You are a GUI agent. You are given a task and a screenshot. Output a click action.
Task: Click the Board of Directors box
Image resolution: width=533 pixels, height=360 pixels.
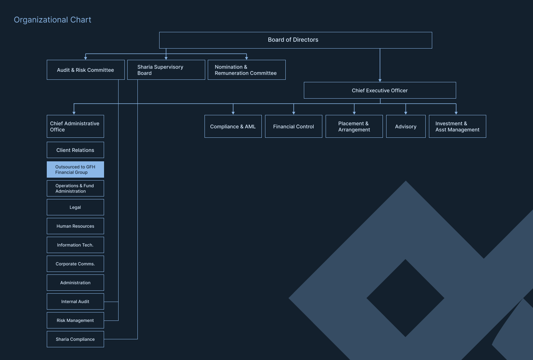click(296, 40)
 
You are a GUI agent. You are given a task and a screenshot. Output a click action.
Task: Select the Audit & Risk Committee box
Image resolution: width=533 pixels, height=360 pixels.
click(86, 70)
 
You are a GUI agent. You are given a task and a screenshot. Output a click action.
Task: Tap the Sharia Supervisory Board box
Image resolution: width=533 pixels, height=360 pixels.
click(166, 70)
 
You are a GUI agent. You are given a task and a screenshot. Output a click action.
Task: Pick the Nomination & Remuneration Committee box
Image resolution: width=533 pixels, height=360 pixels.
click(247, 70)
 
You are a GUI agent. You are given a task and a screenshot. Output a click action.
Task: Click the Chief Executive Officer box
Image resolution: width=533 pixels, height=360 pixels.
click(380, 90)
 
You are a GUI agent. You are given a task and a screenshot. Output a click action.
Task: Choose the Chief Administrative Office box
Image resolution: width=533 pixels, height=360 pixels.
click(75, 127)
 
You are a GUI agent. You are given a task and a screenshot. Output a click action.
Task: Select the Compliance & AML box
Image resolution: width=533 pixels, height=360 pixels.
click(233, 127)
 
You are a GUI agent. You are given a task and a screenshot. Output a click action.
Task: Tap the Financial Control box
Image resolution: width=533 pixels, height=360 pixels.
click(294, 127)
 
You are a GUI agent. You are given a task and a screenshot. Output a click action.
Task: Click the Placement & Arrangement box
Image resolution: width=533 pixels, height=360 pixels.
click(354, 127)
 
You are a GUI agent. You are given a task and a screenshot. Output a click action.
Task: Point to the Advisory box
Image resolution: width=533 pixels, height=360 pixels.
click(406, 127)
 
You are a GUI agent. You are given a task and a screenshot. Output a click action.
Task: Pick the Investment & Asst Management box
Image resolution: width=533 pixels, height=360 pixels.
click(458, 127)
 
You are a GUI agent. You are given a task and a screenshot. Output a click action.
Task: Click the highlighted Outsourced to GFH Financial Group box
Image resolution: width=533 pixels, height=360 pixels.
click(75, 169)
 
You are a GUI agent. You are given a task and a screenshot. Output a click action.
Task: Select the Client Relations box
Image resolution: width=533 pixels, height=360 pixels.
click(75, 150)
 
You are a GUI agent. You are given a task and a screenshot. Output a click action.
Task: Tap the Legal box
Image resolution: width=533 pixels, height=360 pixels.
click(75, 207)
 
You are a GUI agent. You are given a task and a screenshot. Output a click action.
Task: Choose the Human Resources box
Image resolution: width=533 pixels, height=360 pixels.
click(75, 226)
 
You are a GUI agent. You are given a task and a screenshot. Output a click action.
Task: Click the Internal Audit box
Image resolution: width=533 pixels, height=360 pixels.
click(75, 302)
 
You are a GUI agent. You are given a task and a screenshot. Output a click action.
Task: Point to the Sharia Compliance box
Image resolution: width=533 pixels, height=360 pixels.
click(75, 339)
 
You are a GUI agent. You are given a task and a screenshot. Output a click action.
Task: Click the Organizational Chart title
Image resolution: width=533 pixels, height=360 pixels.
click(52, 20)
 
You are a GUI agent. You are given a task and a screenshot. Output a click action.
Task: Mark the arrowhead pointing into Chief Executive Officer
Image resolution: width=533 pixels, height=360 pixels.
click(380, 80)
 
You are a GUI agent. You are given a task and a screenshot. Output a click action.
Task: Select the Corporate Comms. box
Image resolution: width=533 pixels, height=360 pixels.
click(75, 264)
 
